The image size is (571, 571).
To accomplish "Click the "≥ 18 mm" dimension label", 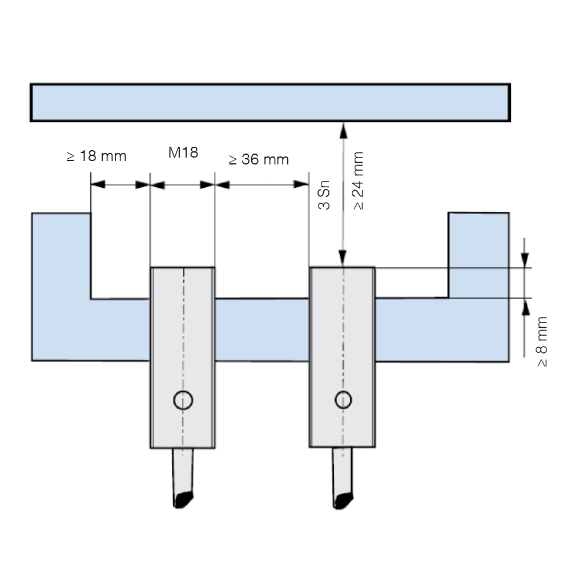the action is [x=96, y=156].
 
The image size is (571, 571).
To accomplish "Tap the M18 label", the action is [x=183, y=152].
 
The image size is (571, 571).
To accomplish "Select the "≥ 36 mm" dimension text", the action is [x=259, y=159].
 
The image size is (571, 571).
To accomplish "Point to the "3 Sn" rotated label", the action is [x=324, y=195].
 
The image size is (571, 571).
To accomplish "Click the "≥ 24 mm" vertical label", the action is [x=359, y=181].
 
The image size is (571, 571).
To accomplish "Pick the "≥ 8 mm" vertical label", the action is [x=542, y=341].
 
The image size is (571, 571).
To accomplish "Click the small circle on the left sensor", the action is [x=183, y=400].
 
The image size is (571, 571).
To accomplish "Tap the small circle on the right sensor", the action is [x=343, y=400].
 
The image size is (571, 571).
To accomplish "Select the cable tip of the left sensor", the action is [x=183, y=499].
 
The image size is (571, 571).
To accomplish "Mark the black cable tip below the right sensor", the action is [x=343, y=501].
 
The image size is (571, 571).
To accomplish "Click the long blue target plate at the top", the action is [x=270, y=103].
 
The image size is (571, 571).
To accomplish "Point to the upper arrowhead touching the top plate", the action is [x=343, y=131].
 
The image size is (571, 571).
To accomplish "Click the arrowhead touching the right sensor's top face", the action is [x=343, y=258].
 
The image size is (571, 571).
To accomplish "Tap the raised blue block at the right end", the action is [x=478, y=255].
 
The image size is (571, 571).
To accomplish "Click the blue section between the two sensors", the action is [x=262, y=329].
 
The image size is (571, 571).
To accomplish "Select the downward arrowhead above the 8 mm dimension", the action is [x=525, y=260].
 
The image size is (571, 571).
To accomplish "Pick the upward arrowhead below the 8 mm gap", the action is [x=525, y=306].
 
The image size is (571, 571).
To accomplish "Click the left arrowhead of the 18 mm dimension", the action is [x=98, y=184].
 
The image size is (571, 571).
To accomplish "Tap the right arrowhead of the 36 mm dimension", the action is [x=301, y=184].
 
